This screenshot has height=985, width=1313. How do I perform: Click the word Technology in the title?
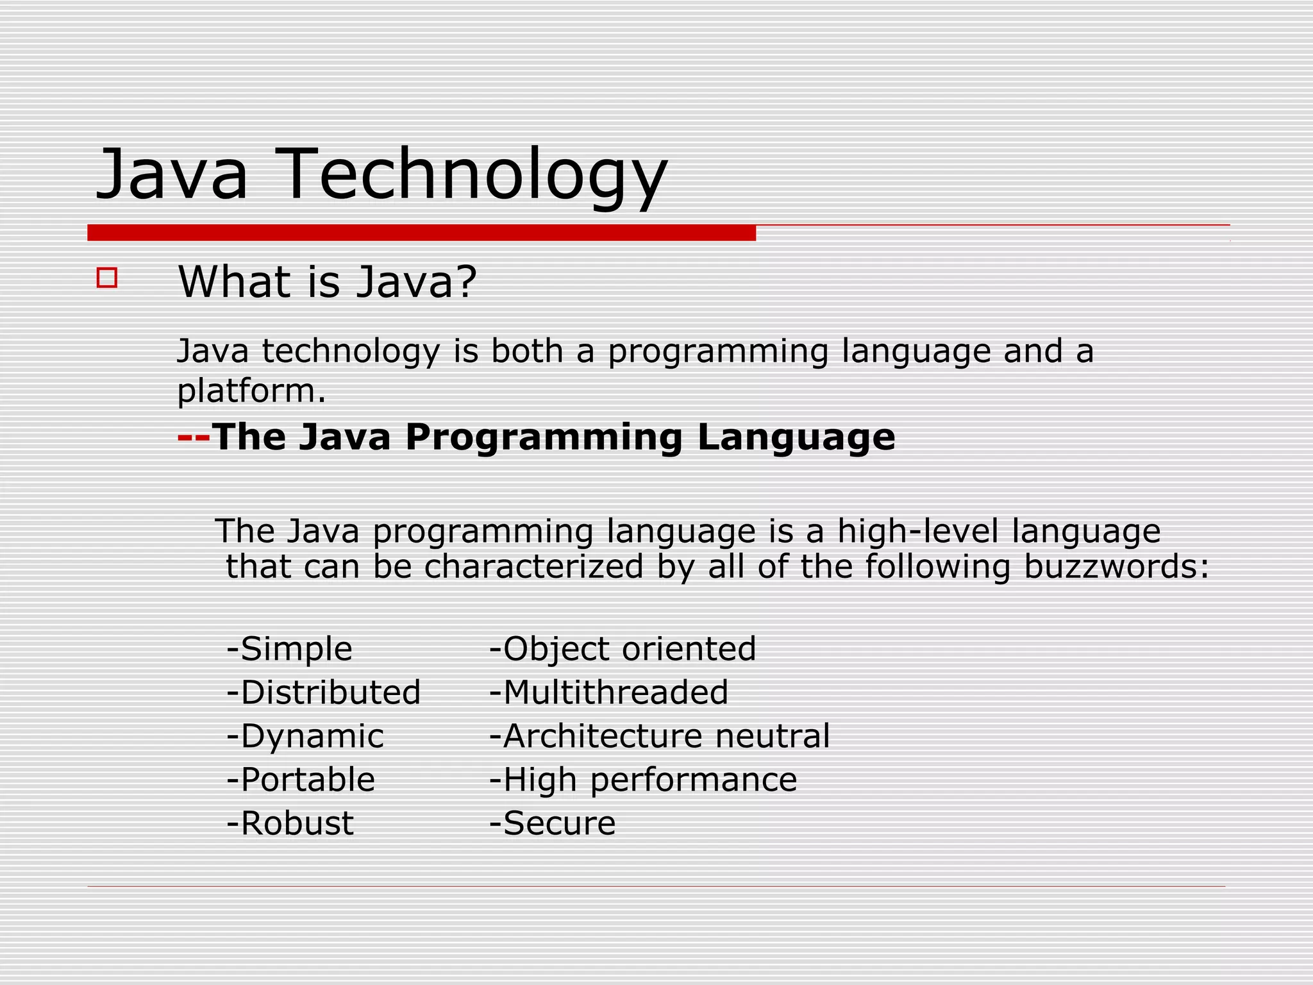pos(473,174)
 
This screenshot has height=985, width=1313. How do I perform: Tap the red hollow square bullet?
pos(107,278)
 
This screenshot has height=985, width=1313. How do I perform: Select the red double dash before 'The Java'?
pos(194,438)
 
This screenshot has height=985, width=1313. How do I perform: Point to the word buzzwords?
pos(1116,567)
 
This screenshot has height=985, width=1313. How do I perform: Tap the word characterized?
pos(533,567)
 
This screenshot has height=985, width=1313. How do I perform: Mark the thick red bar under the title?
pos(421,233)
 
